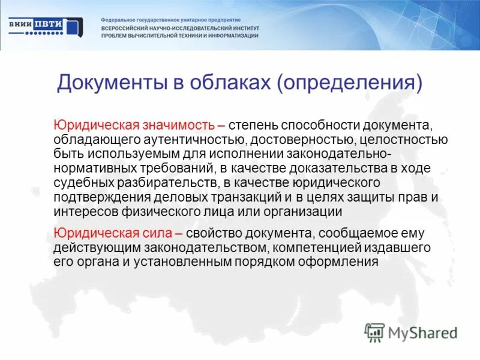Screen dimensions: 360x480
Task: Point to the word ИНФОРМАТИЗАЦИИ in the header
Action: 228,36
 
